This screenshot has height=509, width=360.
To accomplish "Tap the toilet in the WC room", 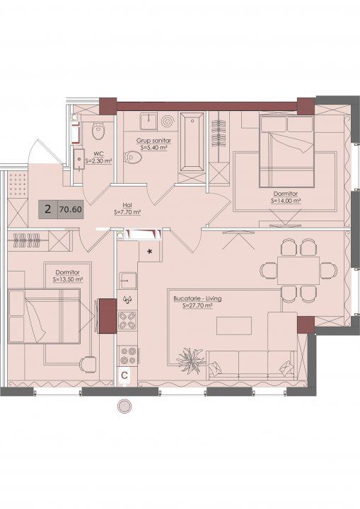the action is tap(98, 130).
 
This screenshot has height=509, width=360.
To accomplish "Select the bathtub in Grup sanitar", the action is tap(192, 141).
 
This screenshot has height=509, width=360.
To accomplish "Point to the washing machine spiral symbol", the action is tap(168, 122).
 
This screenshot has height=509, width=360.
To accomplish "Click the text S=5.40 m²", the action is tap(154, 147).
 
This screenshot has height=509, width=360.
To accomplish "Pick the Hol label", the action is tap(127, 206).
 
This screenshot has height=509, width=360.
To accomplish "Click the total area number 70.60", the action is tap(71, 209).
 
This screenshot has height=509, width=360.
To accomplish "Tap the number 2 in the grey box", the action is tap(48, 209).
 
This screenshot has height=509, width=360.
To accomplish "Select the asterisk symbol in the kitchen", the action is tap(149, 251).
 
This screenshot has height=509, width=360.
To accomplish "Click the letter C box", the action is tap(124, 375).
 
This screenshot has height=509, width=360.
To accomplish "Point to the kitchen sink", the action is tap(128, 281).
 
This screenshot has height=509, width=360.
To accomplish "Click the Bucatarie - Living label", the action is tap(197, 298).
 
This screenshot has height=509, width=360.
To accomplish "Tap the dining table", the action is tap(298, 270).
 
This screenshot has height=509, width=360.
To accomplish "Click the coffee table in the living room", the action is tap(234, 326).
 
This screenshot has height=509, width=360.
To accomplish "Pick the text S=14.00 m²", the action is tap(286, 201).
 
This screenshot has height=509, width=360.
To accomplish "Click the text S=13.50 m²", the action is tap(68, 279).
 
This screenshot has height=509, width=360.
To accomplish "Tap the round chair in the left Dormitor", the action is tap(88, 365).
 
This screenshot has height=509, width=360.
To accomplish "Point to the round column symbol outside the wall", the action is tap(124, 406).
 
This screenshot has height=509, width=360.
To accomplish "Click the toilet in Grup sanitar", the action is tap(133, 158).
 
